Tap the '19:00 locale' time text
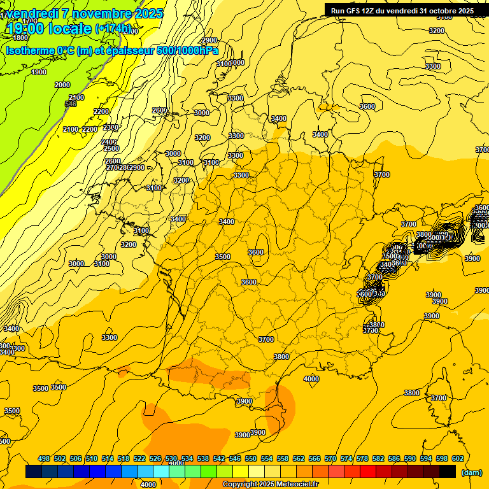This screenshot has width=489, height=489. tap(50, 29)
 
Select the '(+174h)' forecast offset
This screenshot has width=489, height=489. tap(114, 29)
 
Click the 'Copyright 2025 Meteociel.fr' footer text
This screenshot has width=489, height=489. tap(270, 485)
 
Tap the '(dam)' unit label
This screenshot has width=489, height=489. tap(471, 472)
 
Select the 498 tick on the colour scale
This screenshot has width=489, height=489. tap(44, 458)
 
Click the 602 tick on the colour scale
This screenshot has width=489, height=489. tap(457, 458)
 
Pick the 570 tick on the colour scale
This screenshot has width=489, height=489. tap(330, 458)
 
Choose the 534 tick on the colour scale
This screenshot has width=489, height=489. tap(187, 458)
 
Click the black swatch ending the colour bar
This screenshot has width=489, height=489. tap(448, 472)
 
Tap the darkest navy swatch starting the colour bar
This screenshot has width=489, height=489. tap(34, 472)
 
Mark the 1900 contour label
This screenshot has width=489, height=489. tap(39, 72)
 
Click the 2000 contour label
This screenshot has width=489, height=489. tap(62, 85)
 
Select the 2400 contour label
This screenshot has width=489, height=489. tap(109, 142)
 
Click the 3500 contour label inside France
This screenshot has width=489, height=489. tap(223, 257)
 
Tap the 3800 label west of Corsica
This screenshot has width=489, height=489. tap(412, 393)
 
